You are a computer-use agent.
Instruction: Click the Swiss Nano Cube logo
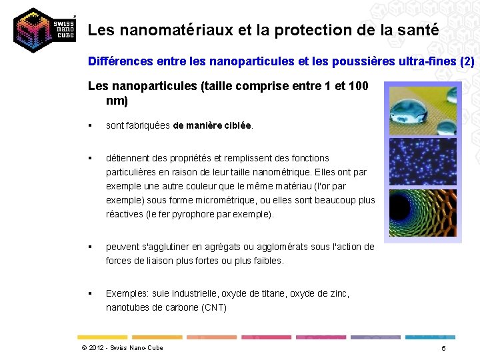[43, 31]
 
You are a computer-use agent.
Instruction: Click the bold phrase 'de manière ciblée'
[212, 125]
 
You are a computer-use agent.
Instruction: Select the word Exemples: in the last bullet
[127, 293]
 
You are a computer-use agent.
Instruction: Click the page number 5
[443, 349]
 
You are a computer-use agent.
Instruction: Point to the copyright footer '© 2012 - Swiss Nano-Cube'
[122, 348]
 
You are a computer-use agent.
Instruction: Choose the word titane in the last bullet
[268, 293]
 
